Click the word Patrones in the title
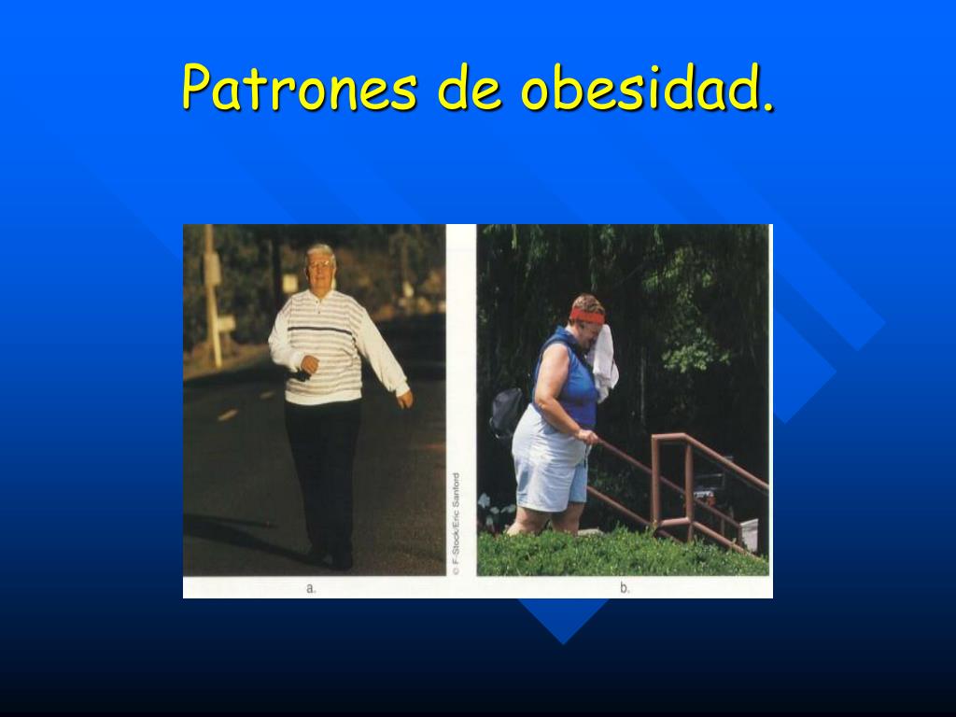point(300,87)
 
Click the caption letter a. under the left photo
point(311,588)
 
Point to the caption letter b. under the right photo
point(625,588)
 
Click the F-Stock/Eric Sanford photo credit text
point(456,524)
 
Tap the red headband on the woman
point(586,316)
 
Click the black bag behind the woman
point(506,412)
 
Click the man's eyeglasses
point(319,264)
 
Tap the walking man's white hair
point(319,251)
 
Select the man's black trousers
point(322,475)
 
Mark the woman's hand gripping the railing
point(588,437)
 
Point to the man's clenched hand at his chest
point(309,364)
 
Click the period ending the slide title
point(768,108)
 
